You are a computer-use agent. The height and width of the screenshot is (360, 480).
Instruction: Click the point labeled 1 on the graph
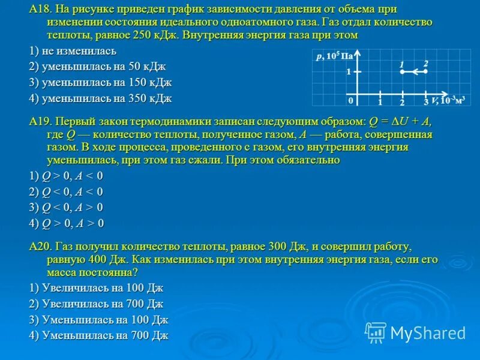click(x=402, y=71)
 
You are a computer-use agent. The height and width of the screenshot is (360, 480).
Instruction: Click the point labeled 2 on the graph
click(x=425, y=71)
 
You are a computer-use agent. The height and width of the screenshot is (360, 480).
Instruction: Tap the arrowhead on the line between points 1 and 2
click(x=406, y=71)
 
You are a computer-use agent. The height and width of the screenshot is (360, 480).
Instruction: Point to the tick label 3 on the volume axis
click(x=425, y=103)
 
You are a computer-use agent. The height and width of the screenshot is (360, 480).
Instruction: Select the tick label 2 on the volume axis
click(x=403, y=103)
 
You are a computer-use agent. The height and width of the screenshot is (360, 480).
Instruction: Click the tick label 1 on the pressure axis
click(x=348, y=71)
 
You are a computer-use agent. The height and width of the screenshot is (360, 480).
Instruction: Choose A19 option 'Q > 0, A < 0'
click(x=66, y=176)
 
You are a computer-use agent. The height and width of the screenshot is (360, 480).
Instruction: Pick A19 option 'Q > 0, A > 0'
click(x=66, y=223)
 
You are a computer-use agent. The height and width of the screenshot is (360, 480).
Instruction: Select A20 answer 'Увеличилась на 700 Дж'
click(x=96, y=304)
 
